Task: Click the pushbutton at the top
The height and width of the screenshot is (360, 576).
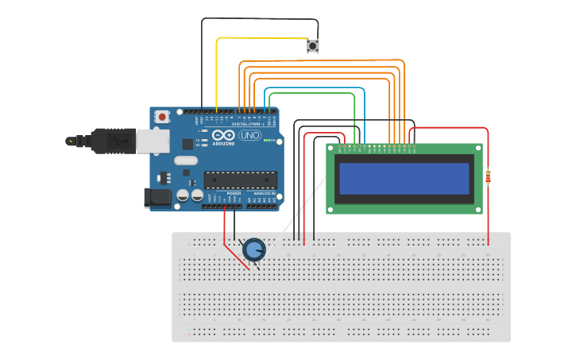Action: pyautogui.click(x=313, y=46)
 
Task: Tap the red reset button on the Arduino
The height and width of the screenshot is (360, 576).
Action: pyautogui.click(x=162, y=117)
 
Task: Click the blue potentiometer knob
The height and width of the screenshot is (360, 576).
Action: pyautogui.click(x=253, y=250)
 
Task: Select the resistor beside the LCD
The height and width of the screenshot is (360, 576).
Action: pyautogui.click(x=488, y=176)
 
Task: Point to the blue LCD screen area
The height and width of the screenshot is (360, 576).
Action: pyautogui.click(x=404, y=179)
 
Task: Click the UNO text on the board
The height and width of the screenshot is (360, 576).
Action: pyautogui.click(x=249, y=136)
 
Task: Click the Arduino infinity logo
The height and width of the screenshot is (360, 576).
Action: pyautogui.click(x=224, y=136)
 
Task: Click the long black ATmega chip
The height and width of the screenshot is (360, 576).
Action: pyautogui.click(x=241, y=181)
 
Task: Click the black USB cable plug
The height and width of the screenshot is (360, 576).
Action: pyautogui.click(x=112, y=141)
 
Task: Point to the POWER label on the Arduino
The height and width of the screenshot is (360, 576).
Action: pyautogui.click(x=234, y=193)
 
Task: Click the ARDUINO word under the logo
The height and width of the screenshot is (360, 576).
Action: pyautogui.click(x=224, y=144)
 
